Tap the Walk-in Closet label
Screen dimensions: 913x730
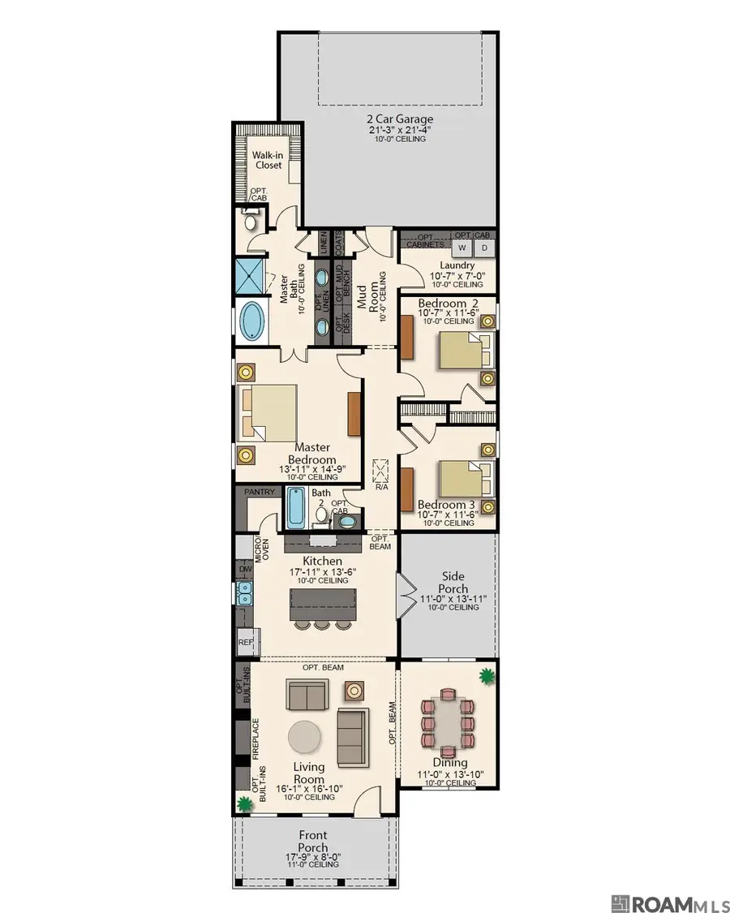(x=266, y=160)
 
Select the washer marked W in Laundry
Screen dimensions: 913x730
(x=462, y=247)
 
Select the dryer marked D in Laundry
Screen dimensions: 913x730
(x=485, y=247)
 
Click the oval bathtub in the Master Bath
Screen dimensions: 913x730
(x=253, y=322)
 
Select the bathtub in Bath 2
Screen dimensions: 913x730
(x=297, y=509)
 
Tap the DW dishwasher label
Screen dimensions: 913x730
(x=244, y=571)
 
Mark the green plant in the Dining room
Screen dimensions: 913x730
(x=487, y=675)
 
